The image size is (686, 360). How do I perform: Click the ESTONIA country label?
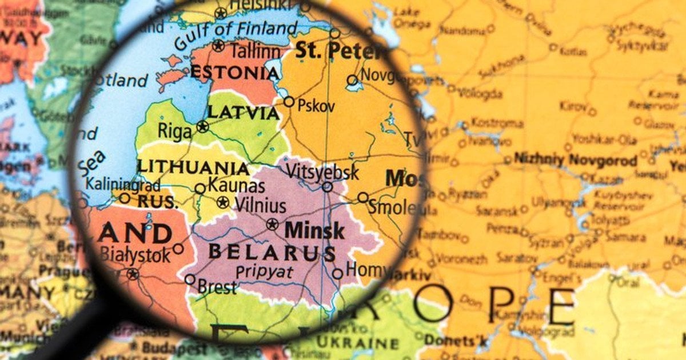[235, 73]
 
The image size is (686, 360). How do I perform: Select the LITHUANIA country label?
[193, 168]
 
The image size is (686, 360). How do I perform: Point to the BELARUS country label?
[272, 252]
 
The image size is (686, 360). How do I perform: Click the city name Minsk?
[314, 231]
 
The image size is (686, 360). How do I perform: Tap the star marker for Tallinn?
[218, 46]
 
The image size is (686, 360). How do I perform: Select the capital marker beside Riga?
[202, 127]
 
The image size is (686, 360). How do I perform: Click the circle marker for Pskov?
[289, 102]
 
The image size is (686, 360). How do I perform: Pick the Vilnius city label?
[260, 205]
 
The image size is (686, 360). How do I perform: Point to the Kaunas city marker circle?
[200, 189]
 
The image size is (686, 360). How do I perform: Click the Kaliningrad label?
[123, 185]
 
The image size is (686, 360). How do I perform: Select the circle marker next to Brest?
[189, 279]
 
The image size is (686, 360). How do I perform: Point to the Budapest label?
[170, 347]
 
